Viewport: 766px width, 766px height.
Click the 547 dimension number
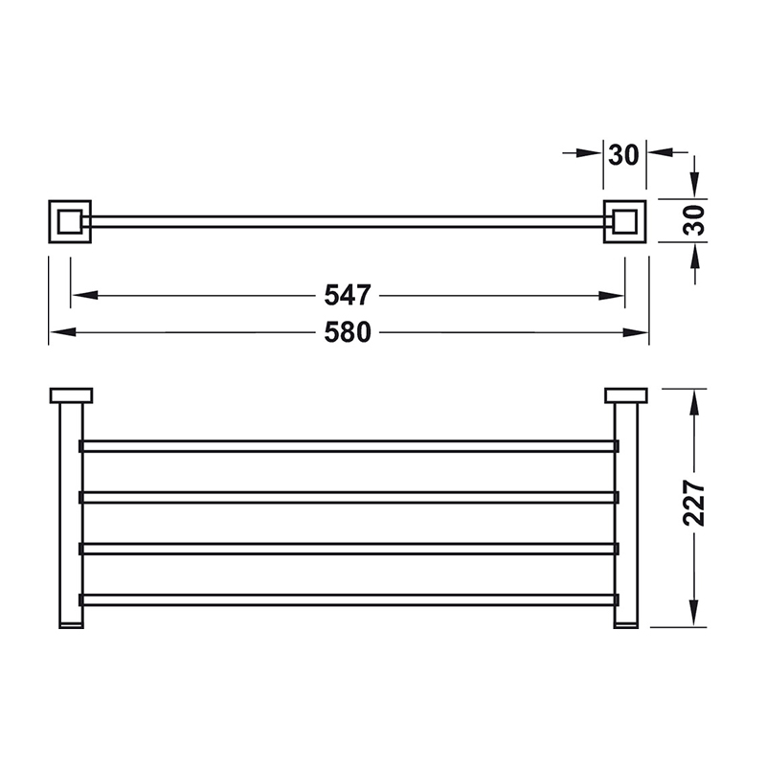348,295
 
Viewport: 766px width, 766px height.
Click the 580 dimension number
348,332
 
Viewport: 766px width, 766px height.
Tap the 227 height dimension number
693,503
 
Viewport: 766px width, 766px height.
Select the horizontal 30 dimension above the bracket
624,155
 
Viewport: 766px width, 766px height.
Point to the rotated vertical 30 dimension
694,221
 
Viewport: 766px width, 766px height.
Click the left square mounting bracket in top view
70,221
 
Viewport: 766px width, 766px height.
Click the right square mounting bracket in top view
625,221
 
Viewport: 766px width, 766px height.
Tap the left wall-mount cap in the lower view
71,395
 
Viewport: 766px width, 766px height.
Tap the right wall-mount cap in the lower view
626,395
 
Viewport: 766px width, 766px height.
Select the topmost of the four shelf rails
349,446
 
